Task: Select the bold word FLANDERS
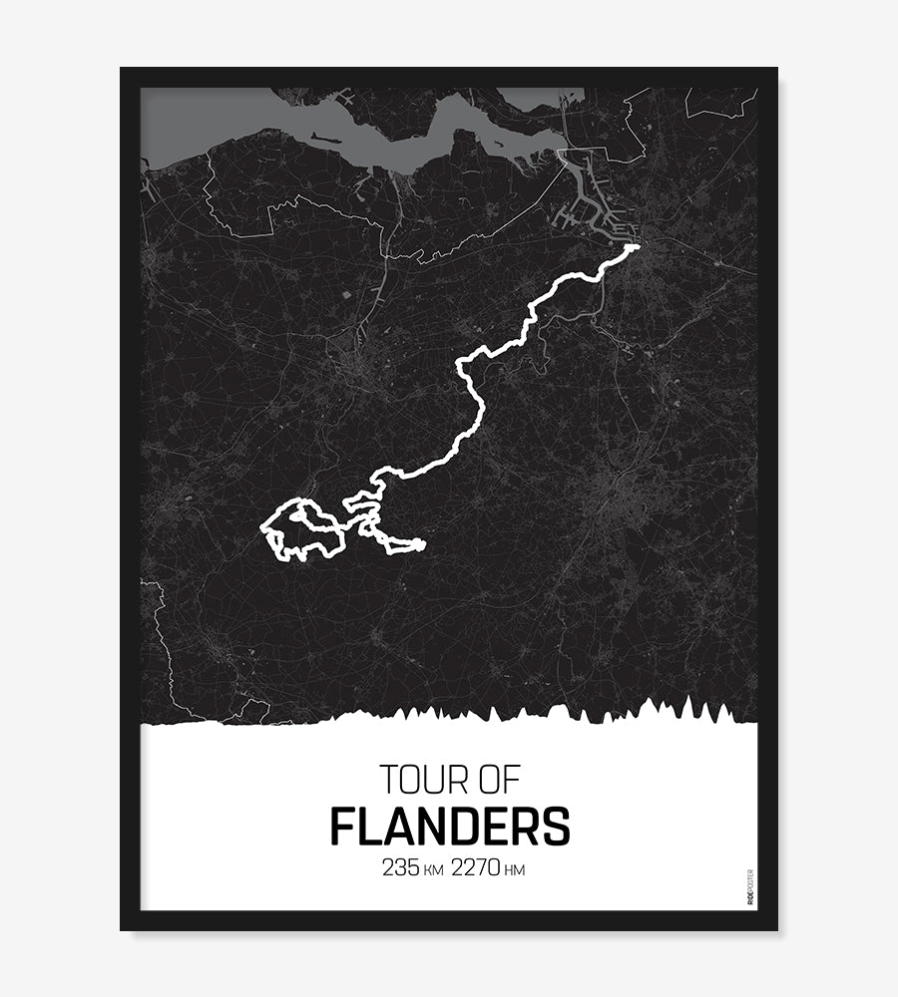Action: (450, 827)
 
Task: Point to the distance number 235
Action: (399, 867)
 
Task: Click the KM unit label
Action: (433, 870)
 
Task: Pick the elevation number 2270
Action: (477, 867)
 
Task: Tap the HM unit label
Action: (515, 870)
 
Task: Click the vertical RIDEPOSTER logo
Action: (750, 887)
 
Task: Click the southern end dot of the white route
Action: (421, 544)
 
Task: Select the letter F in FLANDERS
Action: (342, 827)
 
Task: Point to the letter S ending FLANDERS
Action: (557, 827)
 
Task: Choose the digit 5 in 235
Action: (413, 867)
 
